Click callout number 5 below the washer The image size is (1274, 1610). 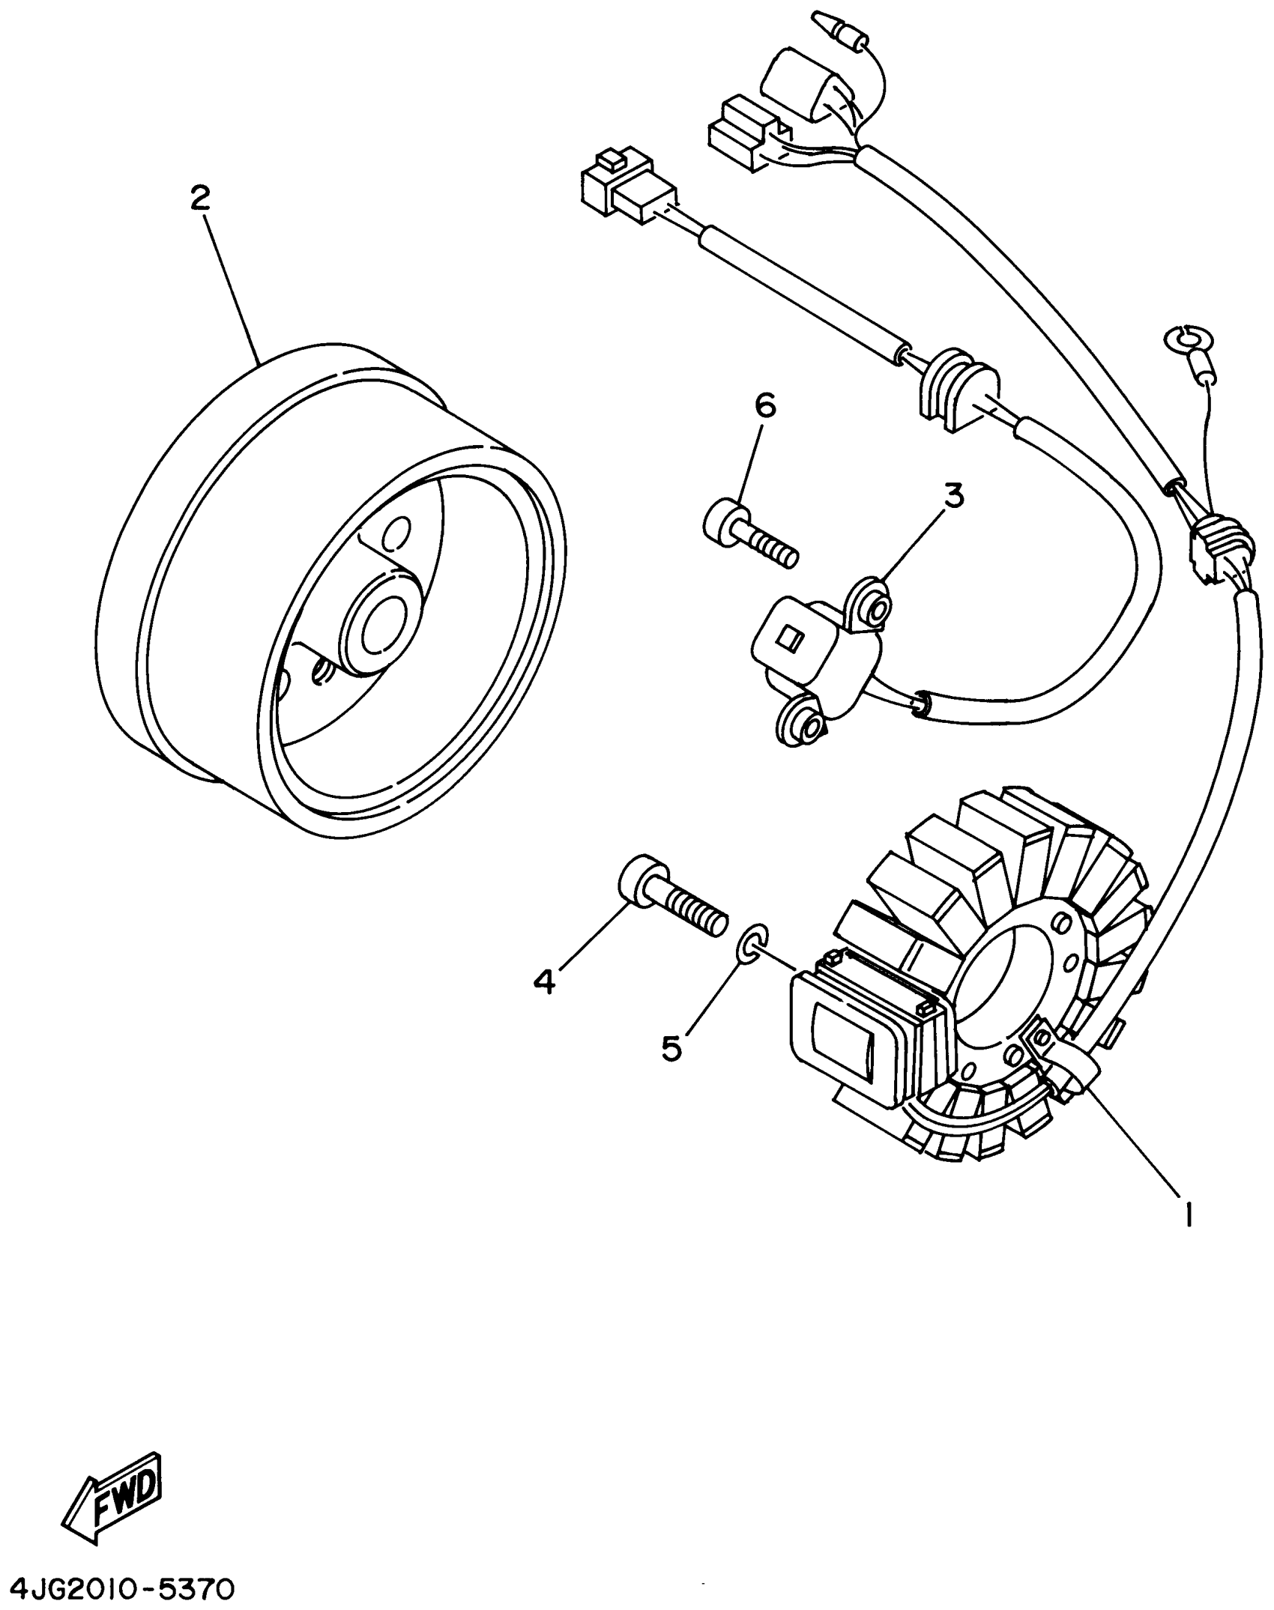point(671,1048)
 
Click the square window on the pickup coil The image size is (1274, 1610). point(789,639)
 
